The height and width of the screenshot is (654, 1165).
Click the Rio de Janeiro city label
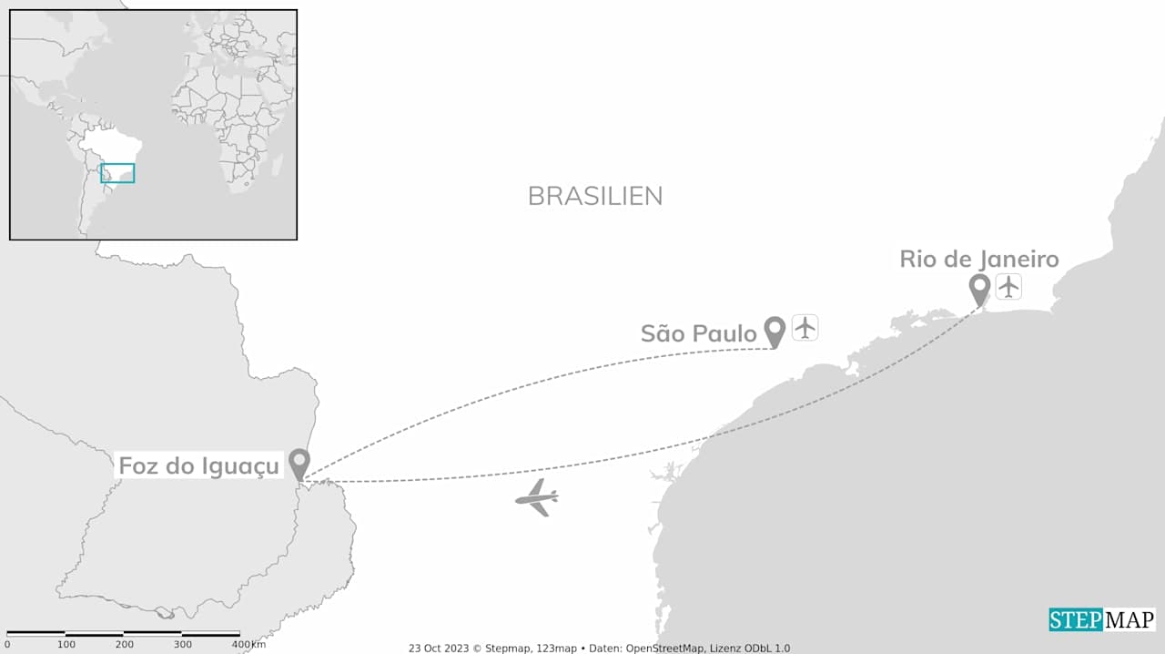click(978, 259)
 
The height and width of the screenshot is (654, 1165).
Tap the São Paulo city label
click(698, 333)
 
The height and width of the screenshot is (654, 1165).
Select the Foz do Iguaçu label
click(198, 466)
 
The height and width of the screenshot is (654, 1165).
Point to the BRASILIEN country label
click(595, 196)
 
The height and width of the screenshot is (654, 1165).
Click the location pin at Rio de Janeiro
click(979, 290)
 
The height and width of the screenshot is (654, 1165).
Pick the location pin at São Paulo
click(775, 332)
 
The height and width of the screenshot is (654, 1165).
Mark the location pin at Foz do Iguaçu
click(299, 463)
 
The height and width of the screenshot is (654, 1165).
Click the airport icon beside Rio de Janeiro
click(1008, 286)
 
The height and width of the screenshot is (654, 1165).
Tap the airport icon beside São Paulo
click(805, 327)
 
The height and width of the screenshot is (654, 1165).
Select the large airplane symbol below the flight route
click(537, 497)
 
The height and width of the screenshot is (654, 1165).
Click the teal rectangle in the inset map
click(117, 173)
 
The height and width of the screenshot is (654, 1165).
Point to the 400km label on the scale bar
click(248, 645)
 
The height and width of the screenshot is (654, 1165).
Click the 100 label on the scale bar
click(66, 645)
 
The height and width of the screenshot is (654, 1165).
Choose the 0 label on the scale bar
click(7, 645)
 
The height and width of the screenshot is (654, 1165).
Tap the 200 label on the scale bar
click(125, 645)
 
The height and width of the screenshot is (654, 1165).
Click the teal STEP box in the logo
click(1076, 620)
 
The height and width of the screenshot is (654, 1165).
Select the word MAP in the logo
click(1130, 620)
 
